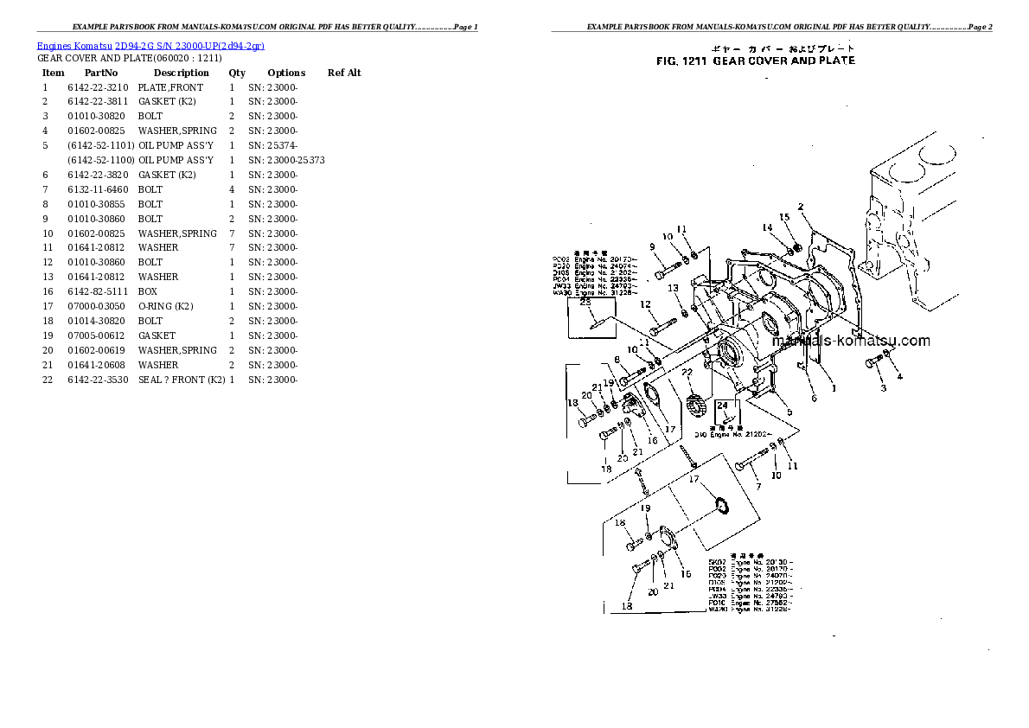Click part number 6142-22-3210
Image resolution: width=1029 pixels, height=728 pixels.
click(98, 87)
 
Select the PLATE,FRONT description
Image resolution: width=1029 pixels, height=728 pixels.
click(170, 87)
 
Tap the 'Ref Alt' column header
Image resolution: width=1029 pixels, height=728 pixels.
click(344, 73)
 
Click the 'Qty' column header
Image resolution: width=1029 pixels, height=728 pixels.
click(237, 73)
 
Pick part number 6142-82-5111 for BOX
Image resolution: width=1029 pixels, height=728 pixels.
click(98, 291)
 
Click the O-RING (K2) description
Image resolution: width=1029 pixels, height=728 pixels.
click(165, 306)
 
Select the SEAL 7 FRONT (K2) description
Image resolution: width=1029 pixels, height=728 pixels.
click(182, 380)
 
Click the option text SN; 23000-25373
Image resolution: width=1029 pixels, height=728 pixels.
click(286, 160)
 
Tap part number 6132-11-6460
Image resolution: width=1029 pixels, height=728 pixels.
click(98, 189)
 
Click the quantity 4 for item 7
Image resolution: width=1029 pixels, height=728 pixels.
click(232, 189)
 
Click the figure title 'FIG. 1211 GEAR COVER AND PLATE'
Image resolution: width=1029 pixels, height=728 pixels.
click(755, 61)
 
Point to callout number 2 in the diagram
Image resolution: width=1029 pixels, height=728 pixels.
click(801, 207)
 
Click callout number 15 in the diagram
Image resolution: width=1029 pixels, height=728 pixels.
click(784, 217)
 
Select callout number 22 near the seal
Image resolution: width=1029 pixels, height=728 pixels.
click(687, 372)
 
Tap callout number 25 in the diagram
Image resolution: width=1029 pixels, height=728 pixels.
click(585, 303)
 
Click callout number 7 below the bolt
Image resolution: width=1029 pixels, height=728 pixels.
click(758, 487)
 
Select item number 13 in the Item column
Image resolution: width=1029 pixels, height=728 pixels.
click(48, 277)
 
